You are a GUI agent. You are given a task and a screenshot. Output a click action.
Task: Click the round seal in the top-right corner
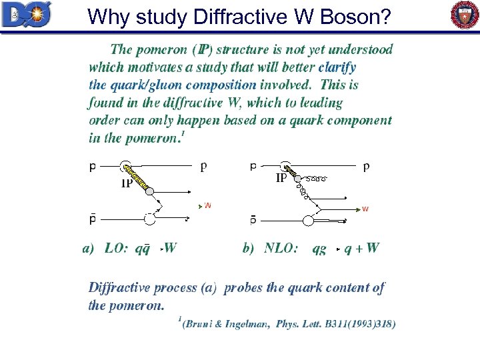point(465,15)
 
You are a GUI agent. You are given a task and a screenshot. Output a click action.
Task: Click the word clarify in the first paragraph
point(337,67)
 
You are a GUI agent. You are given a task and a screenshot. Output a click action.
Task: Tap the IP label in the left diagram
point(127,185)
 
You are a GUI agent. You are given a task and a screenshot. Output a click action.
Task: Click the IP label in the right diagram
point(282,179)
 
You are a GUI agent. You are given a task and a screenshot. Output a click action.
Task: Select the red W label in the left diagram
point(207,206)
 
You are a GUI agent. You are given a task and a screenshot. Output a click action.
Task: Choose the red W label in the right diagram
point(365,209)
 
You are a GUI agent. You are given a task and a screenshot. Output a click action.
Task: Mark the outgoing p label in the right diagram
point(366,167)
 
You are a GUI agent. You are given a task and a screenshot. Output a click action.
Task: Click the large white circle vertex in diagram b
point(308,221)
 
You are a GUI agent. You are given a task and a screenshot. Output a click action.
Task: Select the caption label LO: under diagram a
point(116,249)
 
